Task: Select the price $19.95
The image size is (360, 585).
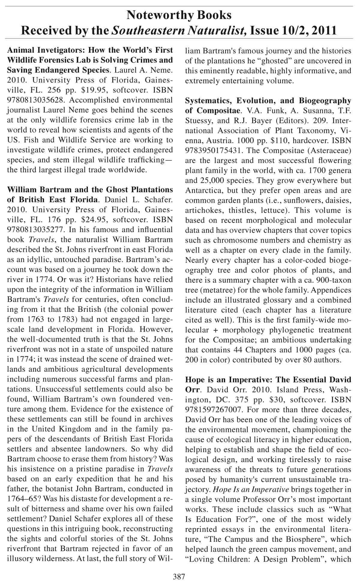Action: (x=94, y=90)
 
